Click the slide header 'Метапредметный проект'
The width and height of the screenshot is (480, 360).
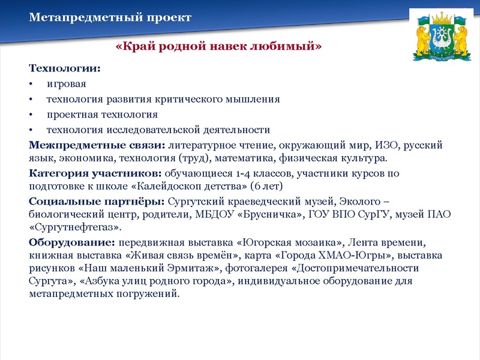[x=110, y=17]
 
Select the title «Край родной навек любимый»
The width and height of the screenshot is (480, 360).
[x=218, y=46]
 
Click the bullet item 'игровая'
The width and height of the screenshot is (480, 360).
[x=67, y=83]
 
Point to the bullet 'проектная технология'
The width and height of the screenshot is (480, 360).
[x=102, y=114]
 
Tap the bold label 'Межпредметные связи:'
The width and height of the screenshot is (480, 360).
[x=97, y=145]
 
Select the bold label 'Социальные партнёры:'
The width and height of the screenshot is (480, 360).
[x=97, y=202]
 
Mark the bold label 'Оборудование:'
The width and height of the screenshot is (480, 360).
[x=72, y=242]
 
